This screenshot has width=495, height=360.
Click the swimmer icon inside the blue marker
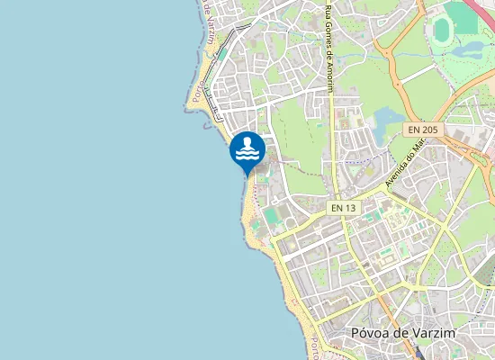(x=247, y=148)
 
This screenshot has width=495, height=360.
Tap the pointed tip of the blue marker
(x=247, y=174)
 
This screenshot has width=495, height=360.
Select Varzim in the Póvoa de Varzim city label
(x=433, y=333)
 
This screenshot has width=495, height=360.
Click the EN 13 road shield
(x=343, y=207)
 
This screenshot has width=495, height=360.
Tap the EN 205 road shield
(x=422, y=130)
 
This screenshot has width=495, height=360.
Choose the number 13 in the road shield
(x=349, y=207)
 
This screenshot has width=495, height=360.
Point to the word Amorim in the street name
(x=329, y=76)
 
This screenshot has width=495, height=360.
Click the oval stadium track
(x=441, y=30)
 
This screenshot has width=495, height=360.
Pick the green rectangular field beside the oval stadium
(x=464, y=18)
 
